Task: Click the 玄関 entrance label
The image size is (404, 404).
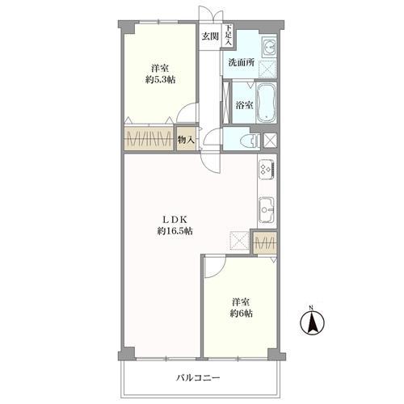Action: (209, 36)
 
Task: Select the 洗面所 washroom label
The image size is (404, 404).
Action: (241, 62)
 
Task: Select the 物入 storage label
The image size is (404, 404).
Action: (186, 140)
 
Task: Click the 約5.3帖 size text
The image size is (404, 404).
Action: (159, 81)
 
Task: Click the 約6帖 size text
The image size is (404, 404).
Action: (240, 314)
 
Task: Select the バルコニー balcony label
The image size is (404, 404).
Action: (198, 377)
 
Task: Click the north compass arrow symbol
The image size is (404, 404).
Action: (311, 323)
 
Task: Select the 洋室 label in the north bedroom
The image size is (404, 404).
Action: (159, 68)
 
